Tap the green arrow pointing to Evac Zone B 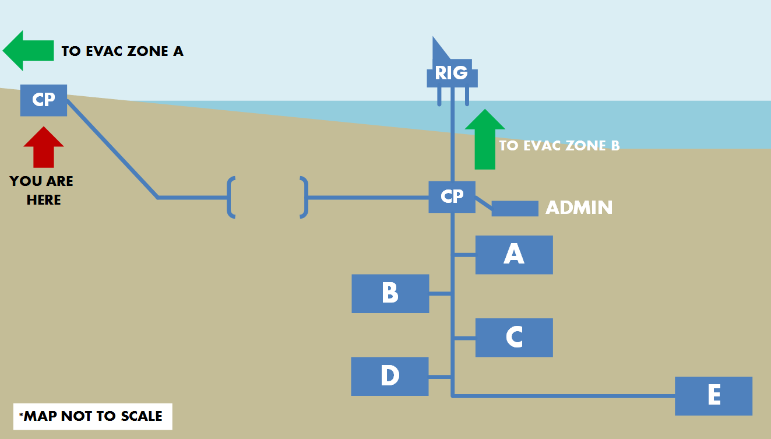click(x=485, y=139)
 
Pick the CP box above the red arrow click(x=44, y=100)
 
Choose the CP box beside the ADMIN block click(x=452, y=196)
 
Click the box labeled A click(x=513, y=254)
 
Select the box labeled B click(x=390, y=293)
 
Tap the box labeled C click(x=513, y=337)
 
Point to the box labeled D click(x=389, y=376)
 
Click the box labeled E click(x=713, y=396)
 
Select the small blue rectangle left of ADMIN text click(x=515, y=208)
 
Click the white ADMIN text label click(x=579, y=208)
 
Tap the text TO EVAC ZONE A click(x=122, y=51)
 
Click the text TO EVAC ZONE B click(x=559, y=146)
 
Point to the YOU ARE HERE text click(x=42, y=191)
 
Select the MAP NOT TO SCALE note click(x=93, y=416)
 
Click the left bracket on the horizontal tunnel click(x=231, y=197)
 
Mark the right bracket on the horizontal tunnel click(x=304, y=197)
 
